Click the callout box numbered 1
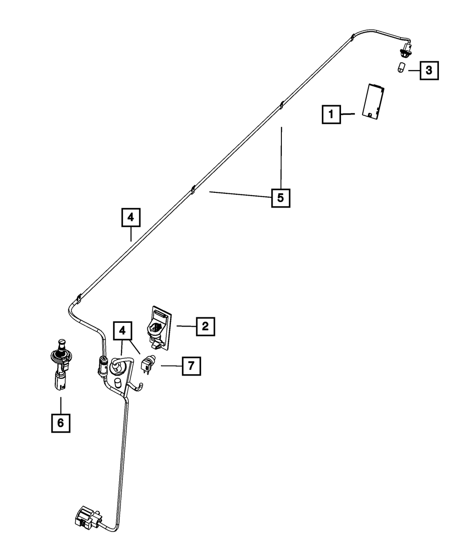click(331, 114)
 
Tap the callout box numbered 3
click(429, 71)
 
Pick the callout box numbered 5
click(280, 198)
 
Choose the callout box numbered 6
click(61, 422)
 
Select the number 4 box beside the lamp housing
click(122, 330)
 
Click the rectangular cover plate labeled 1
click(374, 102)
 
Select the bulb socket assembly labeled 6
click(59, 364)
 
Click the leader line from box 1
click(347, 113)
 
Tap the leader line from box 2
click(186, 326)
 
